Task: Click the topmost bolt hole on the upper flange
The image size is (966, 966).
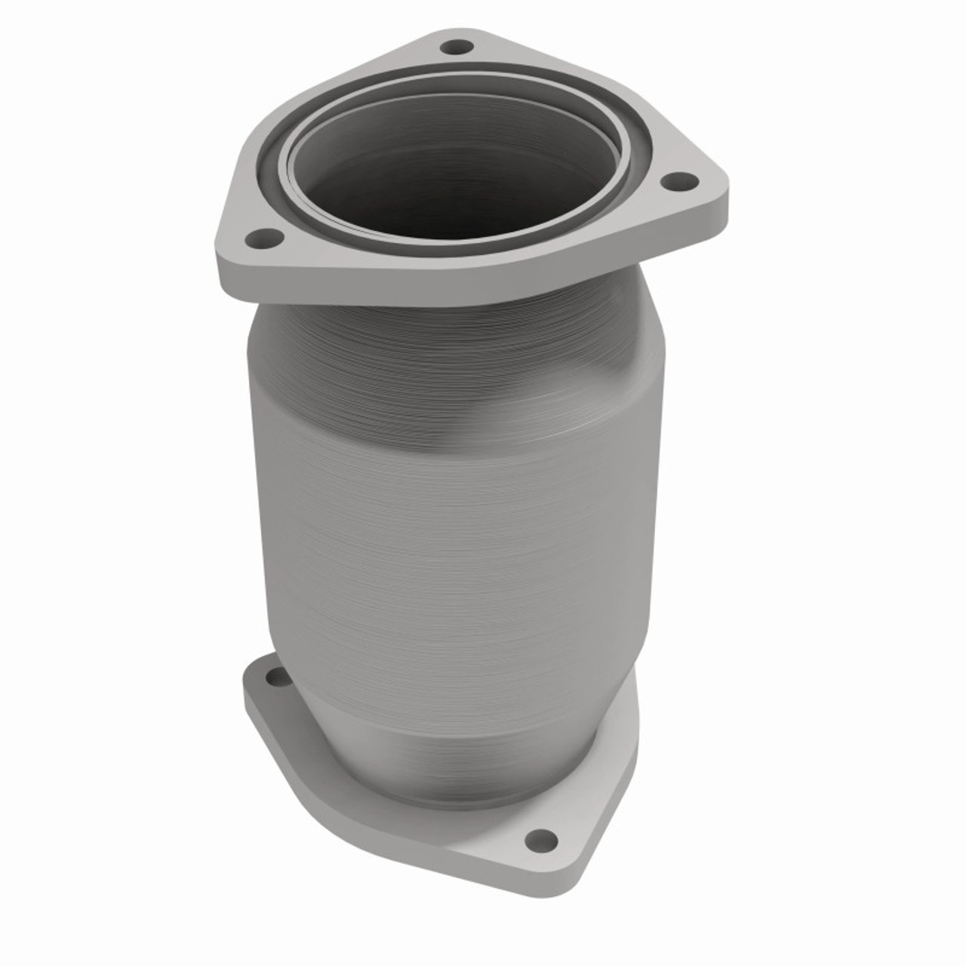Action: pyautogui.click(x=454, y=48)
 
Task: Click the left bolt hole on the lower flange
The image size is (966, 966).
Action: pyautogui.click(x=278, y=676)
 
